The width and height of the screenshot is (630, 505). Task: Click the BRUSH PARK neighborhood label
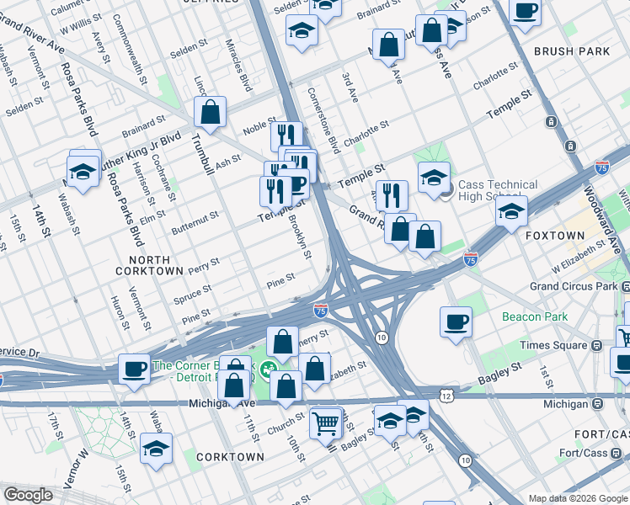coord(571,51)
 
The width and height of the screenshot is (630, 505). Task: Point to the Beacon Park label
coord(534,316)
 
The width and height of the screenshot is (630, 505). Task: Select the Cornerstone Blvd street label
coord(323,120)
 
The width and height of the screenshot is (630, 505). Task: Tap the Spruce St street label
coord(191,294)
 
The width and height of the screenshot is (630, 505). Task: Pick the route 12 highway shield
coord(446,396)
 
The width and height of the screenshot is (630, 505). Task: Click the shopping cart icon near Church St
coord(326,423)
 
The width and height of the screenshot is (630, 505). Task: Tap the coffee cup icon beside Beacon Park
coord(456,322)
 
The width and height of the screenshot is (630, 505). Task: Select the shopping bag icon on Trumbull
coord(210,111)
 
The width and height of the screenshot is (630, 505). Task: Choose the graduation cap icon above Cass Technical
coord(434,178)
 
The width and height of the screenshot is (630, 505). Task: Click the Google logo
coord(28,495)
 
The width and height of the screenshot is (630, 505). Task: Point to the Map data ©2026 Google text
coord(577,497)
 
